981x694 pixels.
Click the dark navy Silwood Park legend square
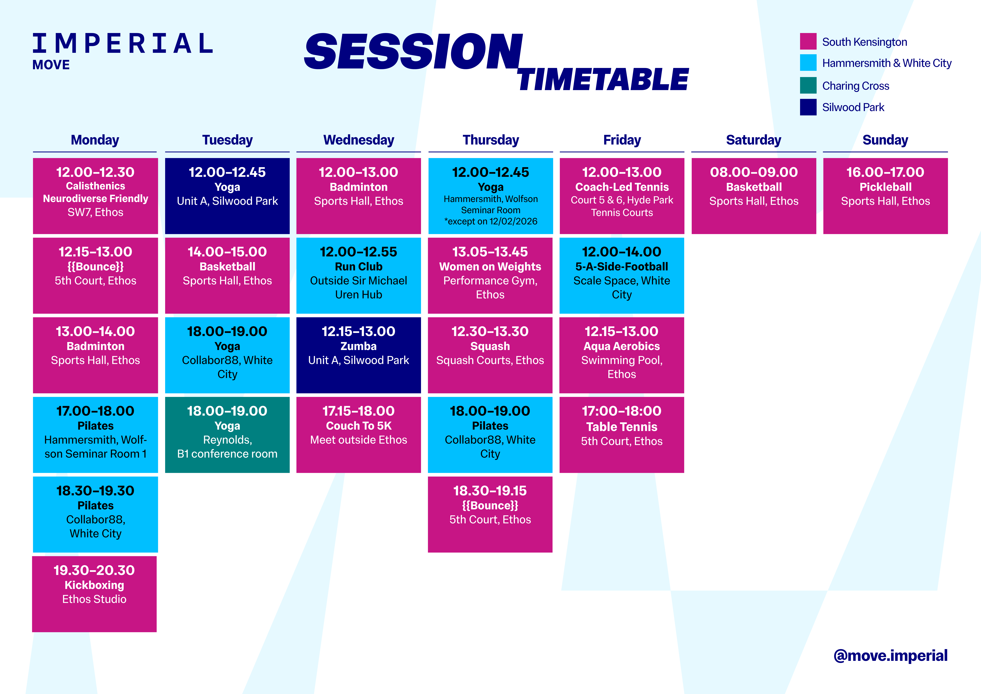pyautogui.click(x=808, y=107)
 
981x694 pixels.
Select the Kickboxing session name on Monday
pyautogui.click(x=94, y=585)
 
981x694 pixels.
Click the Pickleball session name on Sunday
pyautogui.click(x=885, y=187)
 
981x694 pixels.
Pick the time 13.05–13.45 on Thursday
pyautogui.click(x=490, y=252)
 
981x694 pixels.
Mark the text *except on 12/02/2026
pyautogui.click(x=490, y=221)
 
